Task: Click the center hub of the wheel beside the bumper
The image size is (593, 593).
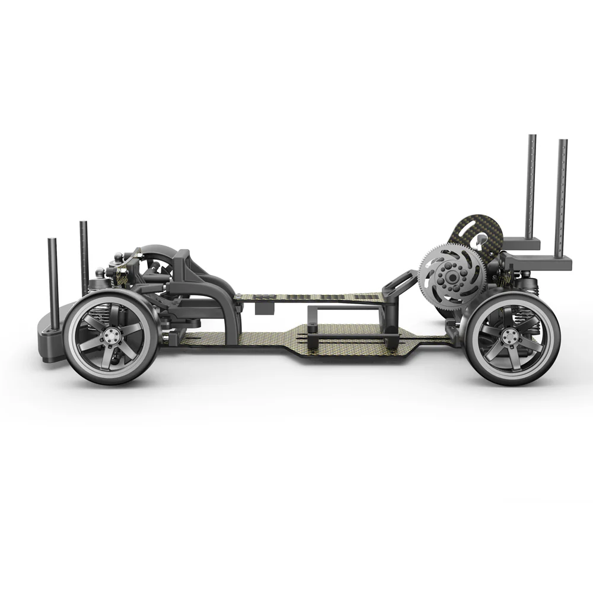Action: pyautogui.click(x=110, y=336)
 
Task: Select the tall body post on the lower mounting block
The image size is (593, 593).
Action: pyautogui.click(x=563, y=196)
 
